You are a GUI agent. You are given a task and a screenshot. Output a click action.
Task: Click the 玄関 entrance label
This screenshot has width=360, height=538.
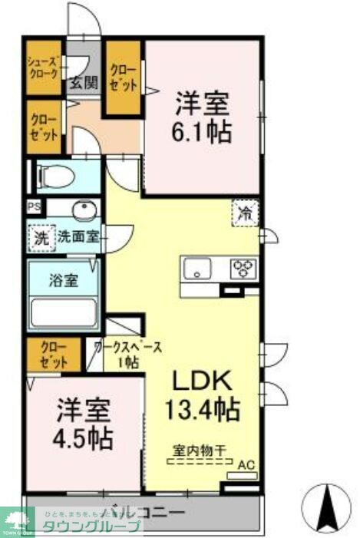[x=84, y=83]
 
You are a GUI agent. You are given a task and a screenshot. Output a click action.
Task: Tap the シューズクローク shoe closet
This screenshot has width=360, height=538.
[x=44, y=69]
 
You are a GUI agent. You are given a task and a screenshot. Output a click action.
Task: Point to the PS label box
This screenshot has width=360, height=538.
[x=33, y=206]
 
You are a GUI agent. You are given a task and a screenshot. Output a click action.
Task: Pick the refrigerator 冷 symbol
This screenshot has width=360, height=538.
[x=246, y=213]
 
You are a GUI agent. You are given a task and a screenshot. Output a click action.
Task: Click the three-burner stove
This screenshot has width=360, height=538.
[x=244, y=269]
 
